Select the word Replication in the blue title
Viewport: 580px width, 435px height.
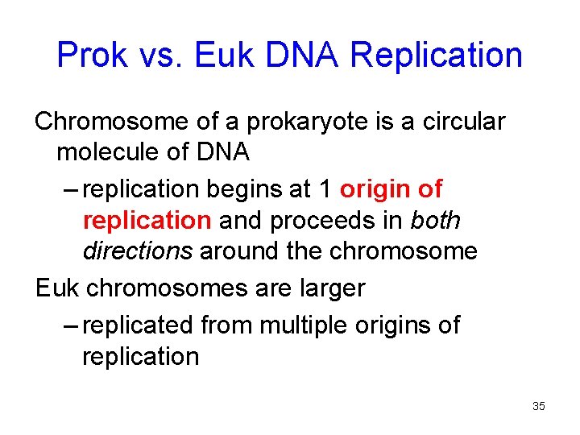pos(437,55)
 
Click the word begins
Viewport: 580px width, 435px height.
pos(241,189)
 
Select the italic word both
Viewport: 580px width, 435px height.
pos(436,220)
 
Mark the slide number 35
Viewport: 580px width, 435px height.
pos(538,406)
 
